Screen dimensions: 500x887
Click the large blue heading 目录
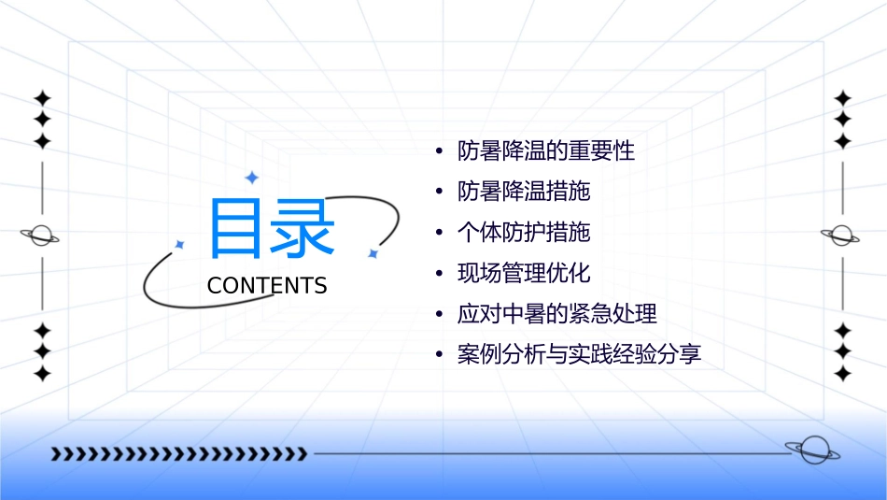(x=272, y=229)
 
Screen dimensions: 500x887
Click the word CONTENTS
(x=267, y=286)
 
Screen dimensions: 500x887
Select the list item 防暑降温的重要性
(x=546, y=151)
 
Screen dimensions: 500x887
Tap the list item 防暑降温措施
(x=524, y=193)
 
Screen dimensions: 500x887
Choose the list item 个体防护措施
(x=524, y=233)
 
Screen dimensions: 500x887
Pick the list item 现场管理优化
(x=524, y=274)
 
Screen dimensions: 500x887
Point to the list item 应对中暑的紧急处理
(x=563, y=314)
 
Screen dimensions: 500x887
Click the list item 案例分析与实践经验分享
(x=579, y=355)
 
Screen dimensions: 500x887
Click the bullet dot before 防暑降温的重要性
(x=439, y=151)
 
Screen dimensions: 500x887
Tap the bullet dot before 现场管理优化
(x=439, y=274)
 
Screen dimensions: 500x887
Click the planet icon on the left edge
(x=41, y=236)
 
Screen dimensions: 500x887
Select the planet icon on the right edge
(x=842, y=236)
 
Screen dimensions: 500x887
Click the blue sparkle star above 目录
(x=251, y=178)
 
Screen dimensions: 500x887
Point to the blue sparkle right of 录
(x=373, y=252)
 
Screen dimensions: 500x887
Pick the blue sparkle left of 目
(x=180, y=245)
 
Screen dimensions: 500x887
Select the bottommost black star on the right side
(x=842, y=374)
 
